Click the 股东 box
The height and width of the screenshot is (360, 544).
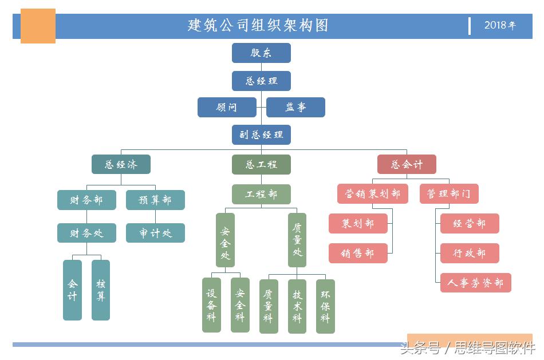click(261, 53)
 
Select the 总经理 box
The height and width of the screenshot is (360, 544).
click(261, 81)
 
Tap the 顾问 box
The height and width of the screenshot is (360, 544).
click(227, 107)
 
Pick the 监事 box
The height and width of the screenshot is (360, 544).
click(295, 107)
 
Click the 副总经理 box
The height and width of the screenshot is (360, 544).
click(261, 134)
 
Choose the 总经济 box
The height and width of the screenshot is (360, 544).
click(121, 164)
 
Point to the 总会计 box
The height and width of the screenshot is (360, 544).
click(407, 164)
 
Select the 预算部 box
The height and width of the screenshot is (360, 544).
click(155, 200)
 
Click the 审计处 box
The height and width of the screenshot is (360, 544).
click(155, 233)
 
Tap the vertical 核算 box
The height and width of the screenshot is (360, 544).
click(101, 290)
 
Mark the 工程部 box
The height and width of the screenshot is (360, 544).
click(261, 194)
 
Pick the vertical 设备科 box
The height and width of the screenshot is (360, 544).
click(211, 304)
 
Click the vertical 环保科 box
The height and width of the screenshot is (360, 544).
click(325, 306)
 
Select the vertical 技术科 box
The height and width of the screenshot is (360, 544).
click(297, 306)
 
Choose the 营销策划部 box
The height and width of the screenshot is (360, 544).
click(372, 193)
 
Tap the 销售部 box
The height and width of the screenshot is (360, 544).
click(358, 253)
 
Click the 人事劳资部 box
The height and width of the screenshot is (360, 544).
click(475, 283)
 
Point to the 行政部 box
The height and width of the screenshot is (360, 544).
click(470, 253)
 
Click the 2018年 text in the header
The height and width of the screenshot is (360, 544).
click(500, 25)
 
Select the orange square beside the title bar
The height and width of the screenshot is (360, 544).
click(38, 26)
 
